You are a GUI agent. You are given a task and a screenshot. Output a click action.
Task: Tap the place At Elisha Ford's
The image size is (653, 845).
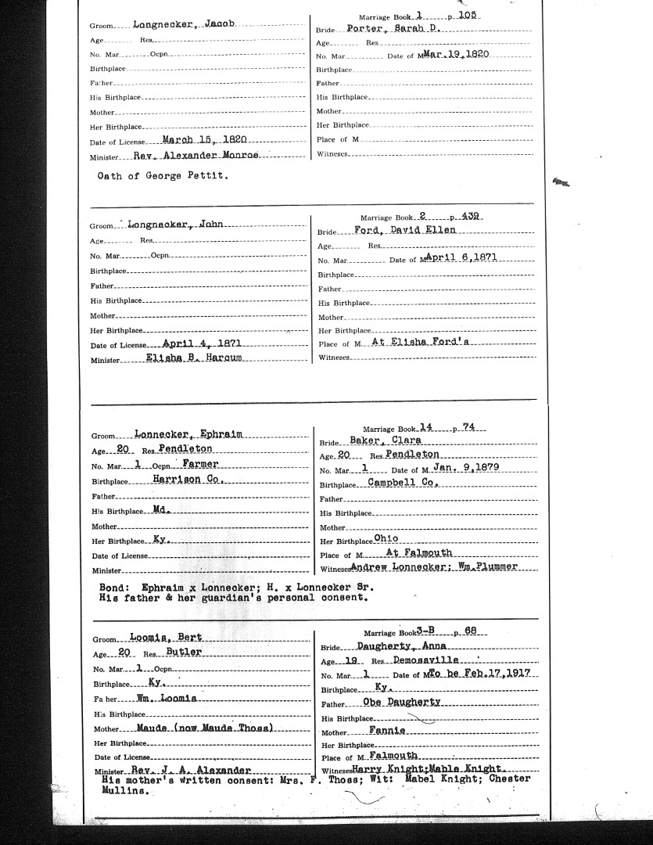click(429, 343)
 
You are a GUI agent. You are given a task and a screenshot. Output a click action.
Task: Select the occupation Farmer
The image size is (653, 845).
click(196, 464)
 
